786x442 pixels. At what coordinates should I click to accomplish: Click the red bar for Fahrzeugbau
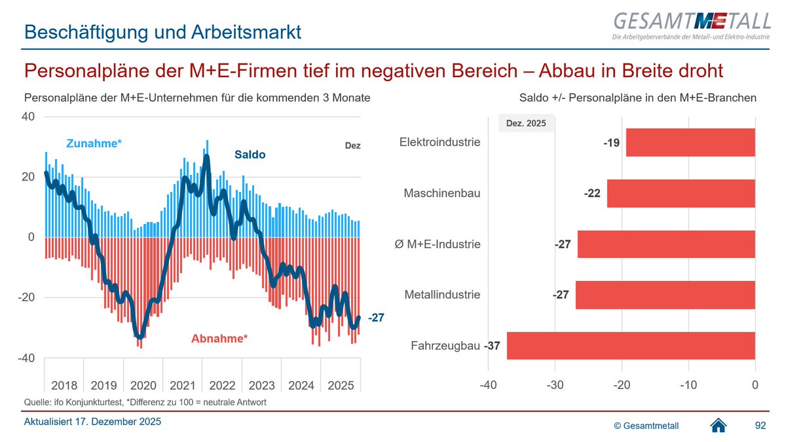(631, 346)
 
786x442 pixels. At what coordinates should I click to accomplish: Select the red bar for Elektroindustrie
(690, 142)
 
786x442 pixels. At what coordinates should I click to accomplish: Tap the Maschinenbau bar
(681, 193)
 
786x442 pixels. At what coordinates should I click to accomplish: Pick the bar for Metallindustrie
(665, 295)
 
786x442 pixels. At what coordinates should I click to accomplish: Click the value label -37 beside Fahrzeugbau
(492, 346)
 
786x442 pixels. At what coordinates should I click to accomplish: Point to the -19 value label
(612, 142)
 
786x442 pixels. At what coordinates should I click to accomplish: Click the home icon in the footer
(719, 426)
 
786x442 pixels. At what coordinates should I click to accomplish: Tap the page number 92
(760, 426)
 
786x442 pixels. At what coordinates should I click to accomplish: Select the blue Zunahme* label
(94, 143)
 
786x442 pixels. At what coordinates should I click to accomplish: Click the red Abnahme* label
(219, 339)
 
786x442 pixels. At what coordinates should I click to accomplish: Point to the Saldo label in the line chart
(250, 155)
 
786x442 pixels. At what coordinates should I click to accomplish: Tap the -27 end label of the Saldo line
(376, 318)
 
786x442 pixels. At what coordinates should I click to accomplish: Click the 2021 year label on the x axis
(183, 384)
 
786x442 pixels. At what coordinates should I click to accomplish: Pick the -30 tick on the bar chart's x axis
(555, 384)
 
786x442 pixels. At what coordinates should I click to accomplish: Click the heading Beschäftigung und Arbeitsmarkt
(162, 31)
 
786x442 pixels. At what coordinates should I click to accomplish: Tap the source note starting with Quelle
(145, 402)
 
